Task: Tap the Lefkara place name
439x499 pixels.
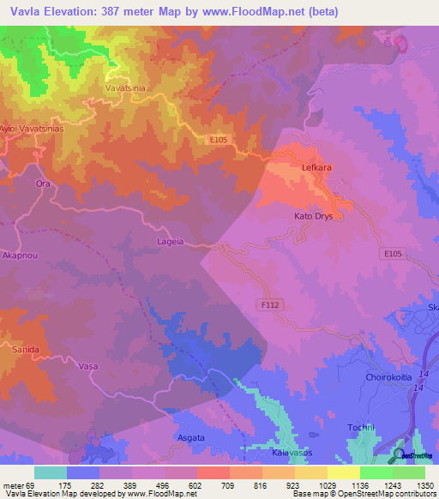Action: click(x=317, y=169)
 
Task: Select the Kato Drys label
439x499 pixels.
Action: click(x=318, y=216)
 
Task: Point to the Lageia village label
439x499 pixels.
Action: click(x=171, y=242)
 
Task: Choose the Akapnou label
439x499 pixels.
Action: click(x=20, y=256)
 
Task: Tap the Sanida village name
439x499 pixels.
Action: click(x=25, y=351)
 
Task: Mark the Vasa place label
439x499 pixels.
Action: click(x=88, y=366)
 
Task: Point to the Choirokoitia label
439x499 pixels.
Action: click(x=384, y=376)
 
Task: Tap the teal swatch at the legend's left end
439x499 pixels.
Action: click(x=50, y=472)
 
